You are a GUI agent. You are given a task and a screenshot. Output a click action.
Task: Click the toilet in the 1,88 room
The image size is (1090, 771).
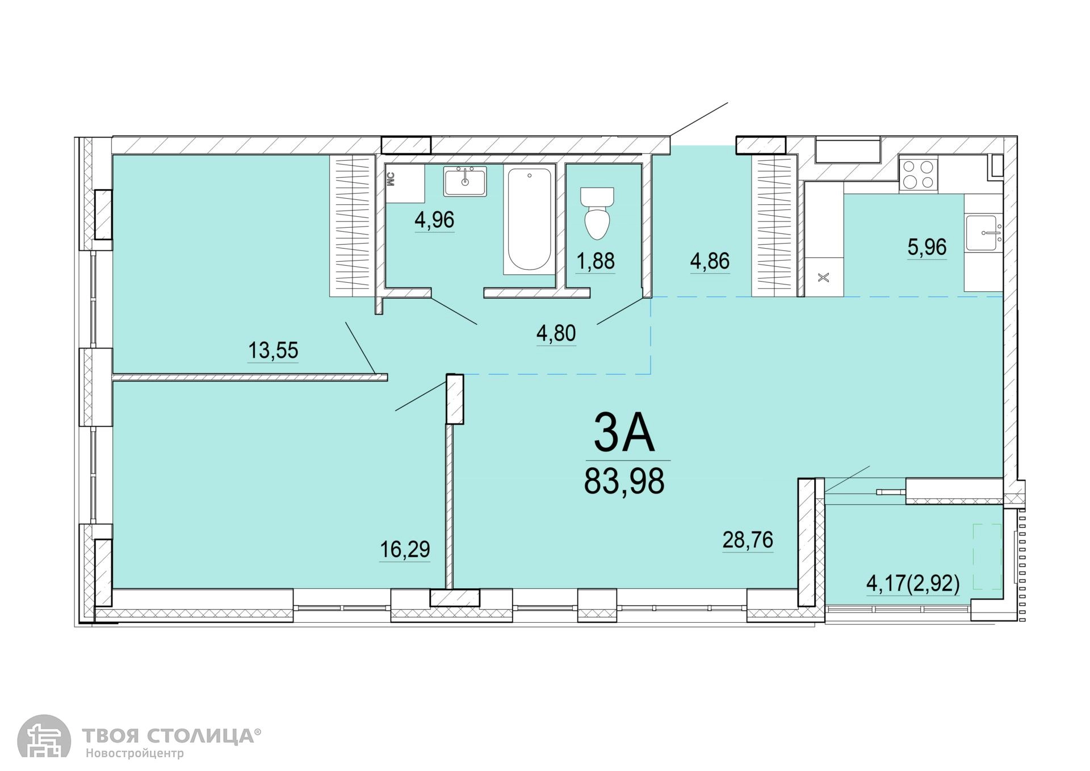point(597,213)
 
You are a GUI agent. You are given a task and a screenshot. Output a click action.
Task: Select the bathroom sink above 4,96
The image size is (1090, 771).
point(465,181)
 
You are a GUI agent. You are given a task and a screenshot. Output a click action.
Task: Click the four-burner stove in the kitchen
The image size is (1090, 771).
point(918,174)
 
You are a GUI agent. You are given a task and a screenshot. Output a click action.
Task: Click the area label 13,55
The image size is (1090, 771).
point(273,350)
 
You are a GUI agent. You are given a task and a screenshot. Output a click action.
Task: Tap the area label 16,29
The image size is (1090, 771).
point(405,549)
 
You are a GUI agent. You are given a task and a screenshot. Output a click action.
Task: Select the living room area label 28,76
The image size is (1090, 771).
point(748,540)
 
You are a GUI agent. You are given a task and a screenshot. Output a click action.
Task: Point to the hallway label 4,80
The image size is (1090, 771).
point(556,333)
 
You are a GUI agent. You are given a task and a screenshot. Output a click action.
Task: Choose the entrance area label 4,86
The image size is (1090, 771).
point(710,261)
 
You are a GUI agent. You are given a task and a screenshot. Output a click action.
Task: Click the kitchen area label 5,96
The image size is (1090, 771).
point(927,247)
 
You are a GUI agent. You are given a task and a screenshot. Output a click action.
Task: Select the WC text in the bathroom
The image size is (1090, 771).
point(391,180)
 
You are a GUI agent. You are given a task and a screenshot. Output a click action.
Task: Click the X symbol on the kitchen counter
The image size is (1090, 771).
point(824,278)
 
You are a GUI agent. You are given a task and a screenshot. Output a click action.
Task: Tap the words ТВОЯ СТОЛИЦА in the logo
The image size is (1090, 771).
point(168,736)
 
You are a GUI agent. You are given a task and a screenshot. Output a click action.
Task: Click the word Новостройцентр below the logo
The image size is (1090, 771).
point(135,754)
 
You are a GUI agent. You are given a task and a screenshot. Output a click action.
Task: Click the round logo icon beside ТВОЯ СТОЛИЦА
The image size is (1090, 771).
point(44,736)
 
